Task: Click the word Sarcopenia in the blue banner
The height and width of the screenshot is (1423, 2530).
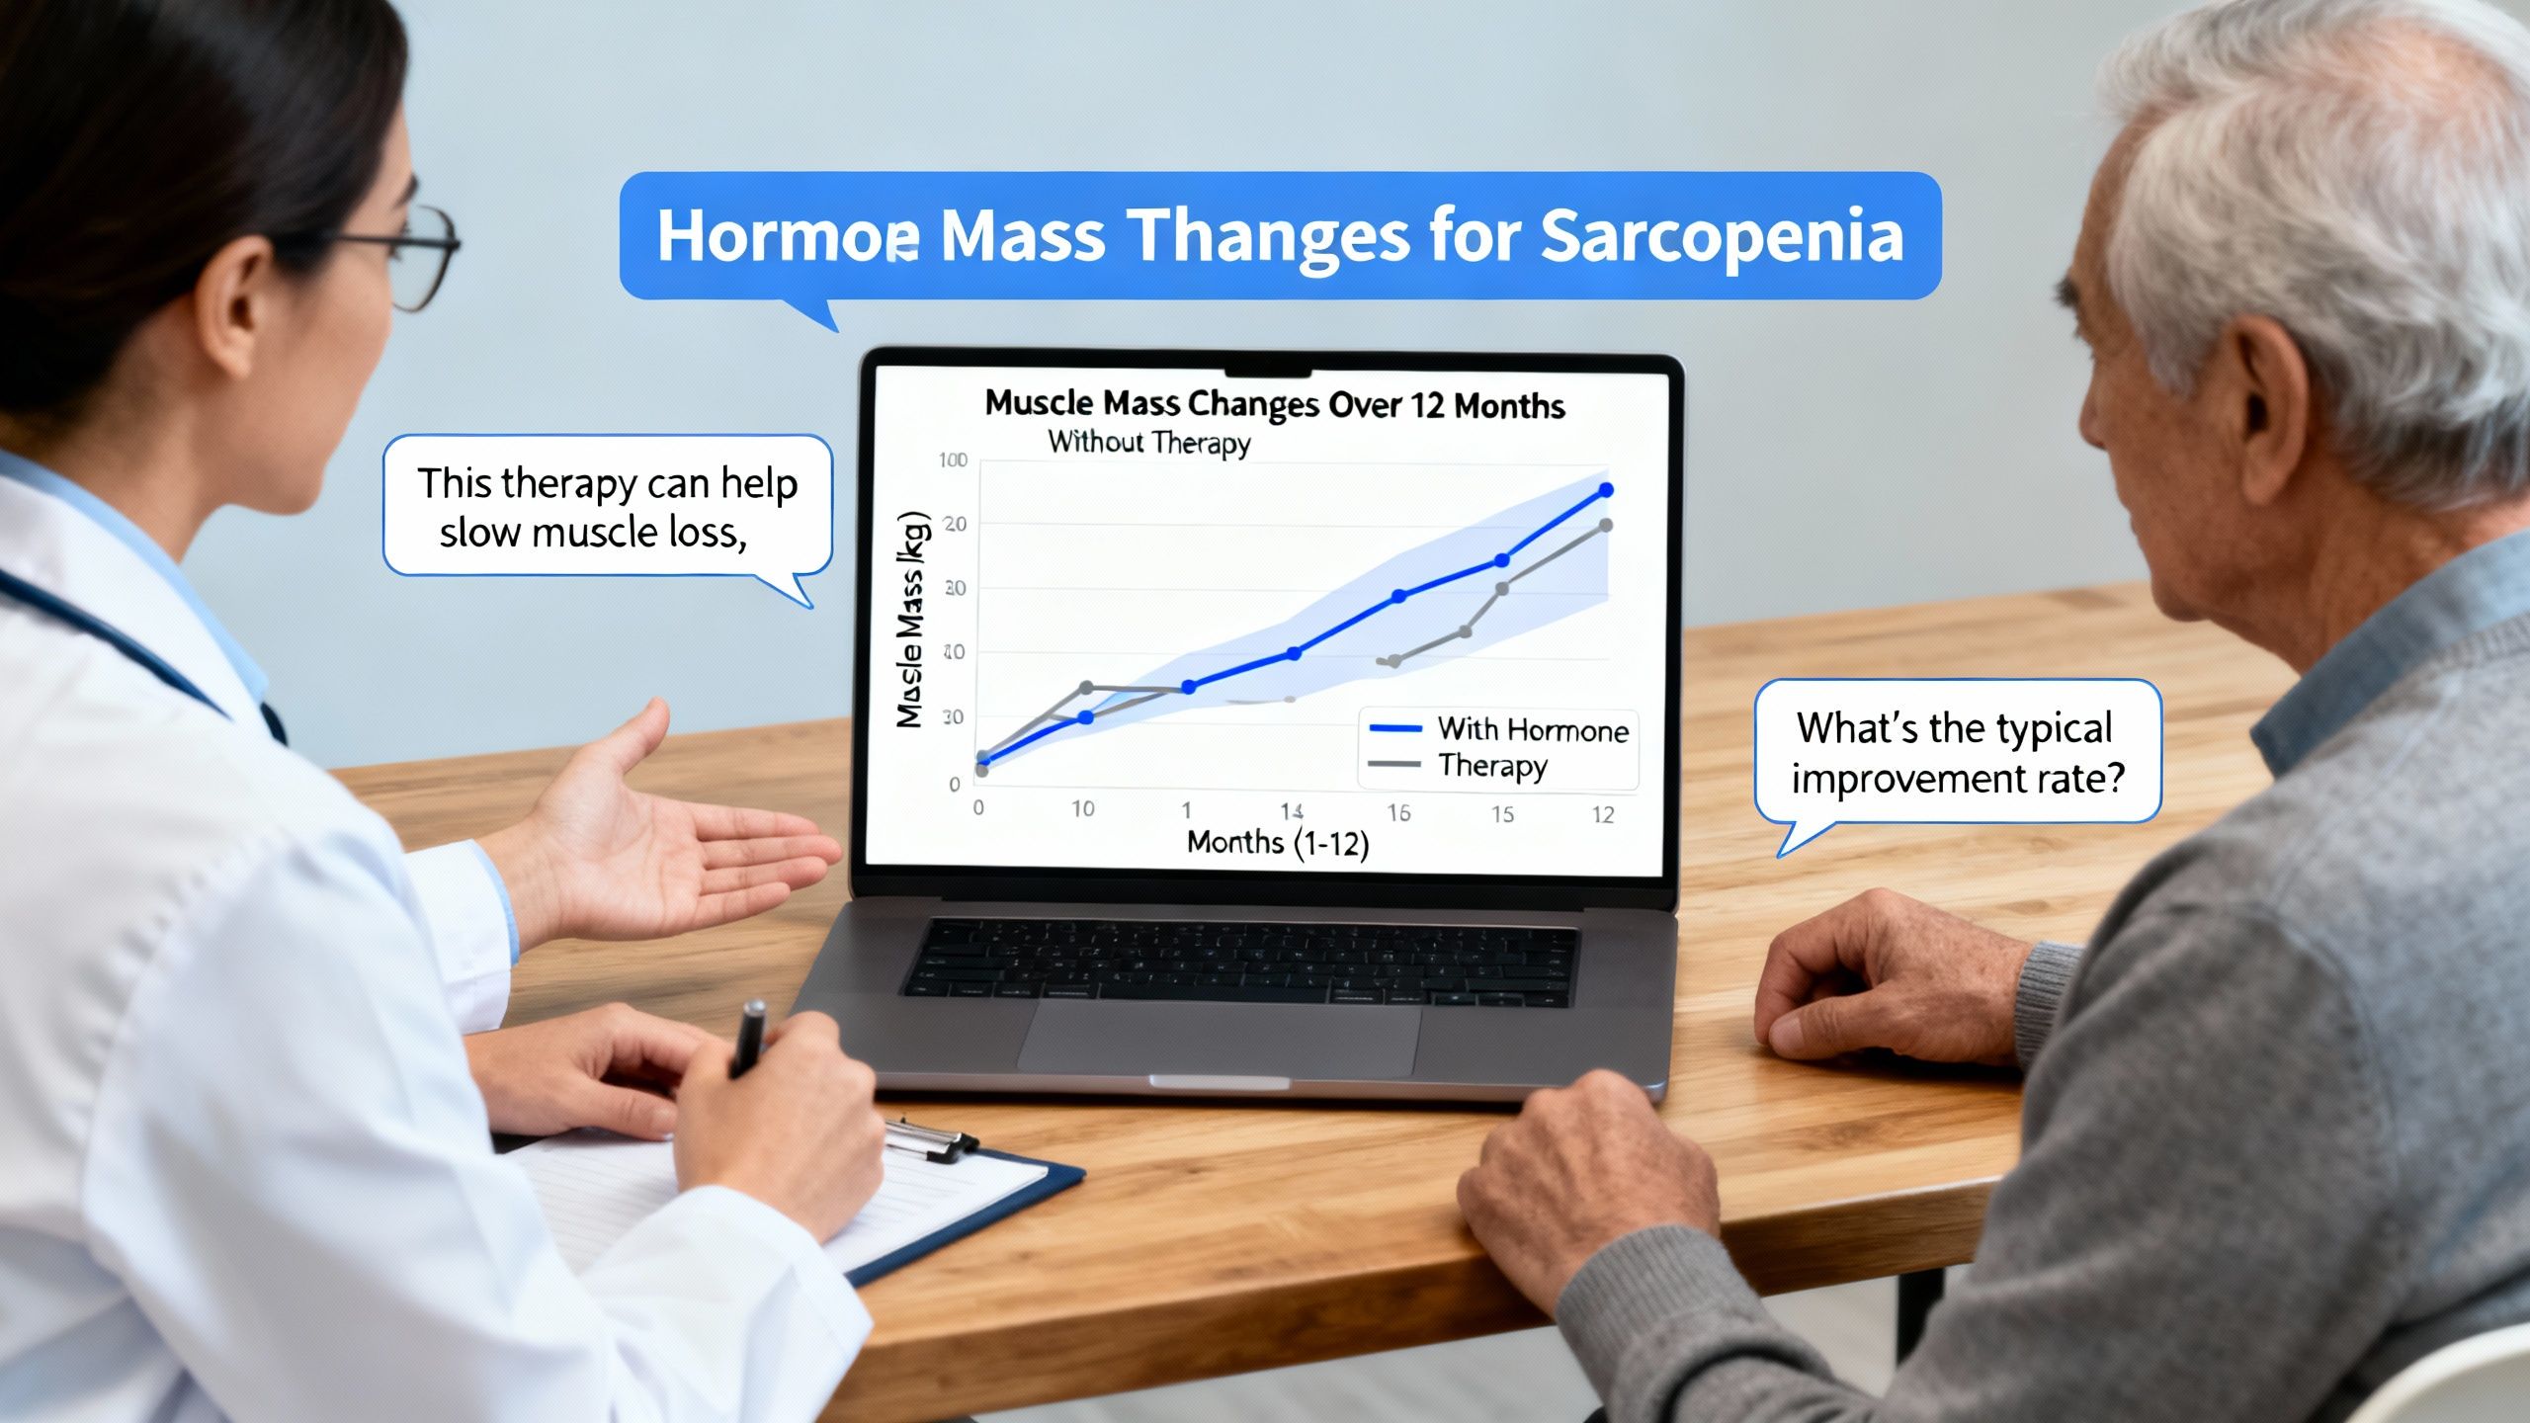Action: pos(1721,238)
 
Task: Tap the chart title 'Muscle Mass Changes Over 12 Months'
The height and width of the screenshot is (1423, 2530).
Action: pos(1275,404)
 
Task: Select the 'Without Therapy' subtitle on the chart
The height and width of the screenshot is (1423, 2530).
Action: pos(1149,442)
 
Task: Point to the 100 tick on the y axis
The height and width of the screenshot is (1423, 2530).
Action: pos(954,460)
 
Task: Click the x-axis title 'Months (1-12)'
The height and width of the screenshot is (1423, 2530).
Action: pos(1277,843)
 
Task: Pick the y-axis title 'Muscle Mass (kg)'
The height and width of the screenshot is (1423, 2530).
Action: pos(911,620)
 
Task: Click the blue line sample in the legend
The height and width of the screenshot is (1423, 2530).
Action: pos(1394,729)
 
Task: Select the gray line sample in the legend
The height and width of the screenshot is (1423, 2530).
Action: pos(1394,764)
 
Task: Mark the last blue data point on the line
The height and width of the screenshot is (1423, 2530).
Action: pos(1606,490)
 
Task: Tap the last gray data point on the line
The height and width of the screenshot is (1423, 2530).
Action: pos(1606,526)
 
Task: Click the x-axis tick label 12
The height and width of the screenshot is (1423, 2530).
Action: pos(1603,814)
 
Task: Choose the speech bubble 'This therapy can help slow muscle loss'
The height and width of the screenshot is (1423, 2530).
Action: pos(607,507)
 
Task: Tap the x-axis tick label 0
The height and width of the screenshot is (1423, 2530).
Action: pos(978,807)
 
